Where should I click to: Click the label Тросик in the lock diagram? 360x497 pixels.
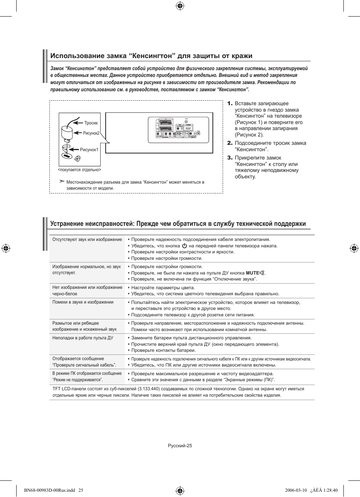click(x=91, y=123)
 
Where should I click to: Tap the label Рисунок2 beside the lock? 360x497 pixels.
click(x=91, y=133)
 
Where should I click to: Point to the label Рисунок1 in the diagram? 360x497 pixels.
click(x=89, y=150)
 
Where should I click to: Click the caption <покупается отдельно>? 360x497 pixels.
click(x=79, y=170)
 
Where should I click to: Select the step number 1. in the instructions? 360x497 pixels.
click(x=230, y=103)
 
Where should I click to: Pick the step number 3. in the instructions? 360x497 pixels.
click(x=230, y=158)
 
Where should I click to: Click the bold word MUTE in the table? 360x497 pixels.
click(x=252, y=273)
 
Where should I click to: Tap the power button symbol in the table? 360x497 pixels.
click(x=185, y=246)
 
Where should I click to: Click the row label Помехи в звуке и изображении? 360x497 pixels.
click(x=83, y=302)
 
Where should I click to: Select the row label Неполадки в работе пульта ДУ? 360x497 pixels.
click(x=83, y=338)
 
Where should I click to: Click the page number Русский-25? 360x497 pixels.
click(x=180, y=446)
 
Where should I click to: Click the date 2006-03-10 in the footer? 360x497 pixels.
click(x=296, y=491)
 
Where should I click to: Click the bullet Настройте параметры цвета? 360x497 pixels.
click(x=163, y=288)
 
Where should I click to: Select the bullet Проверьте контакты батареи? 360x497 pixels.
click(x=163, y=350)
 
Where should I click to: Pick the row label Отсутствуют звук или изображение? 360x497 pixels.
click(x=87, y=239)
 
